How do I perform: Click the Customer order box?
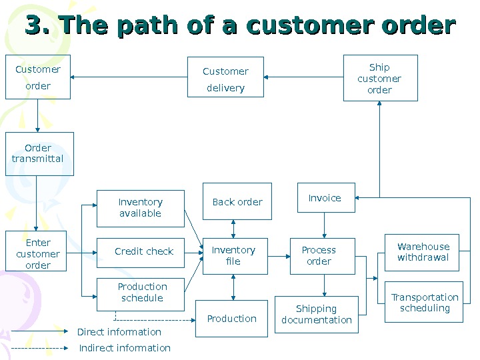point(38,77)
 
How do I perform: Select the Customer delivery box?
point(225,79)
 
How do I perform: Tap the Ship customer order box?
point(380,78)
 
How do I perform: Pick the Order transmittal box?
point(38,154)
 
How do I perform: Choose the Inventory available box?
point(140,208)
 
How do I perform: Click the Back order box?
point(237,201)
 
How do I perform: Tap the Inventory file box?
point(233,255)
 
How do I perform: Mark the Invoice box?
point(325,198)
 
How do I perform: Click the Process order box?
point(319,255)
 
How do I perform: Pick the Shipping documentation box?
point(317,314)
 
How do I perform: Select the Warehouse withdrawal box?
point(423,252)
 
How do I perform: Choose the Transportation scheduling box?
point(424,303)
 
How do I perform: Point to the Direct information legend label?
point(119,332)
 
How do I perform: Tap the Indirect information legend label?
point(125,348)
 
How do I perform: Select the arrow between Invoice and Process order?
point(325,225)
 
